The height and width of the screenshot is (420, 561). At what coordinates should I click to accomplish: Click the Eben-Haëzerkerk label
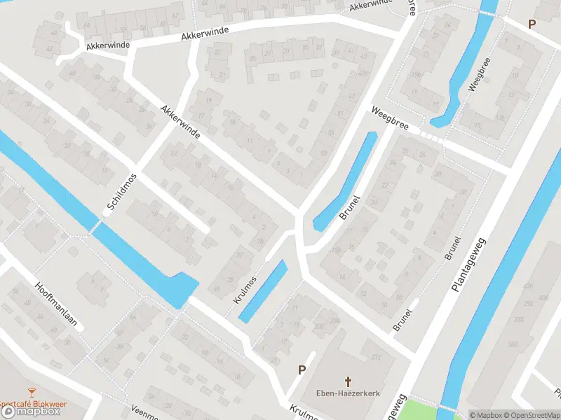(x=348, y=393)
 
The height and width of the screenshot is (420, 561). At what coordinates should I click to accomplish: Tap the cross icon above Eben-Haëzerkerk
(x=348, y=381)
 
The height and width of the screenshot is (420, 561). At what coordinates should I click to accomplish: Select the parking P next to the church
(x=302, y=370)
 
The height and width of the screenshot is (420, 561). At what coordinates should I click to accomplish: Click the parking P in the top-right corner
(x=532, y=24)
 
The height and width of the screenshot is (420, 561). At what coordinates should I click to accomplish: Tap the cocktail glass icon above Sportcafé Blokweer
(x=30, y=392)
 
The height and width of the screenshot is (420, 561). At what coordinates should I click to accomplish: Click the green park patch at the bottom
(x=421, y=408)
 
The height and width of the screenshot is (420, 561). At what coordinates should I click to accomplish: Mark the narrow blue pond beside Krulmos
(x=263, y=291)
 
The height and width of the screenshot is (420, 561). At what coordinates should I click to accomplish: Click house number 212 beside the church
(x=376, y=358)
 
